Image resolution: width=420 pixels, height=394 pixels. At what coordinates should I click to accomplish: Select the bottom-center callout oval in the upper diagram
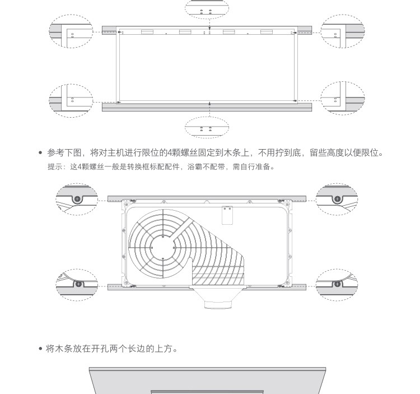(207, 128)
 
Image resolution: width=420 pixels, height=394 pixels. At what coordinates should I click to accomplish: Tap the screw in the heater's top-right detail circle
(337, 198)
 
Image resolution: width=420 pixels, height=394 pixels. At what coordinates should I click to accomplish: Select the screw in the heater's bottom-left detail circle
(78, 284)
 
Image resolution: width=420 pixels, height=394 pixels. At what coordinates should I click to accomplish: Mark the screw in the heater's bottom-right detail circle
(337, 284)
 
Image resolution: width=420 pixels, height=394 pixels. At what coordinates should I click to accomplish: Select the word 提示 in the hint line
(54, 167)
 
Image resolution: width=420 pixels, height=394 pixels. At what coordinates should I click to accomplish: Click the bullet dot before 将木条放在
(40, 349)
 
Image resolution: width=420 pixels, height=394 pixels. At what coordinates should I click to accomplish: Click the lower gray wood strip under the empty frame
(207, 106)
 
